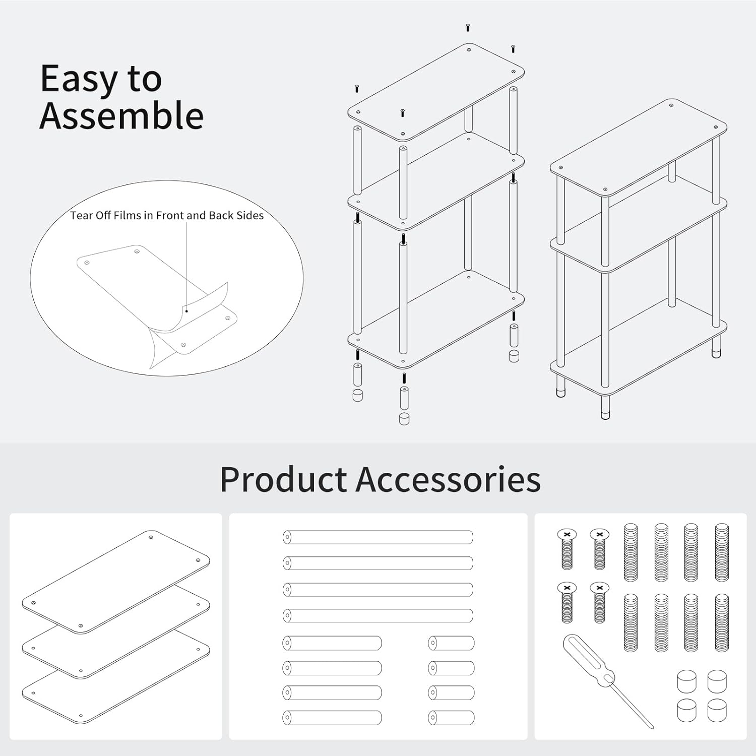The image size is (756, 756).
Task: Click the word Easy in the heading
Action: [x=79, y=80]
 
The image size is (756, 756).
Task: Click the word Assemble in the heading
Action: [x=121, y=115]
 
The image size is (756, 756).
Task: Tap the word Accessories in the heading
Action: [x=449, y=479]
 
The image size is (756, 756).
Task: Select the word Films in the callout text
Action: [x=127, y=216]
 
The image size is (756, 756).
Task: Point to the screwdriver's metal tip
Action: [x=652, y=726]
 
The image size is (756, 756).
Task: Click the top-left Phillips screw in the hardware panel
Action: [x=567, y=548]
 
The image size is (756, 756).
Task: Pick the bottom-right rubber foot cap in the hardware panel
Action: [x=717, y=711]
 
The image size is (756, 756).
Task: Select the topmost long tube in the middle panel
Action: [x=378, y=537]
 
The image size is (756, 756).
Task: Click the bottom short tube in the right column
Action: [x=451, y=718]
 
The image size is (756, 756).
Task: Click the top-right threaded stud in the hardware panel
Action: [x=722, y=552]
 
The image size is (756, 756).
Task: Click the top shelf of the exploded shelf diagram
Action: [x=436, y=92]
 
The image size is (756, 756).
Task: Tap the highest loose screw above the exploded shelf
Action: [x=468, y=27]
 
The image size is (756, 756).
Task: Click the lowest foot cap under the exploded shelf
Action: [x=404, y=419]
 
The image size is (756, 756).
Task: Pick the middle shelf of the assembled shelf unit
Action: [x=639, y=235]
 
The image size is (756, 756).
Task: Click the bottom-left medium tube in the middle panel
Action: [x=332, y=718]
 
